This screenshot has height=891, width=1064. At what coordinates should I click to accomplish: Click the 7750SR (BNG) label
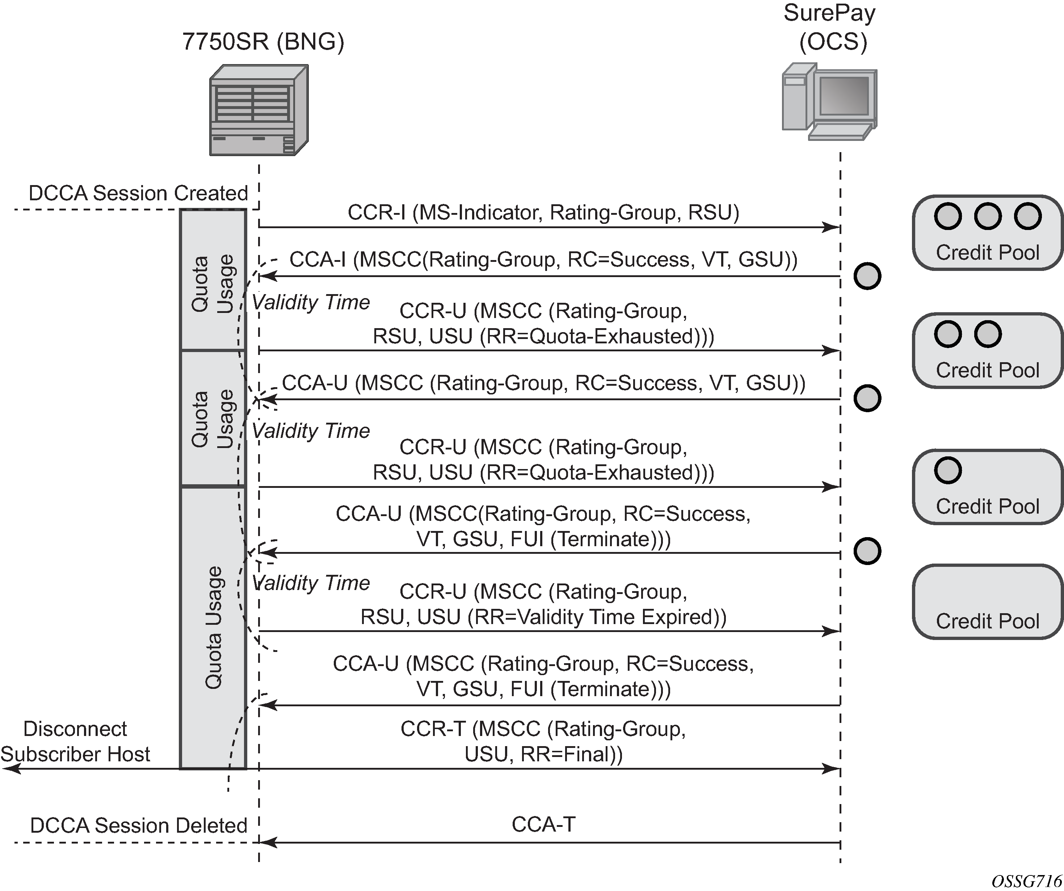click(263, 42)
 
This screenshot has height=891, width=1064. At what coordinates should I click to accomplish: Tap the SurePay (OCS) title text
click(829, 28)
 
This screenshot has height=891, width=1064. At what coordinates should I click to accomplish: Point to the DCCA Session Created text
click(138, 193)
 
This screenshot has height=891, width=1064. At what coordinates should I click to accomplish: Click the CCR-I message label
click(543, 212)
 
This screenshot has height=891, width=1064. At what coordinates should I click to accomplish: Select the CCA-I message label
click(543, 259)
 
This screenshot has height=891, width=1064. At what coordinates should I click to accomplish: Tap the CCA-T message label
click(543, 825)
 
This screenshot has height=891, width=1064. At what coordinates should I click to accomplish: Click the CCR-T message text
click(543, 741)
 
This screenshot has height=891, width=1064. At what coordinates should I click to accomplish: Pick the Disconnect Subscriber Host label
click(76, 741)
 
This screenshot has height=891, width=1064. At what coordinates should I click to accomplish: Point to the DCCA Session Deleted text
click(138, 825)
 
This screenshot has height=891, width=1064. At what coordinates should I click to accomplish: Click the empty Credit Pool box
click(987, 602)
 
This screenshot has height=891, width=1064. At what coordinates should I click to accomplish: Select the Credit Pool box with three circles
click(987, 233)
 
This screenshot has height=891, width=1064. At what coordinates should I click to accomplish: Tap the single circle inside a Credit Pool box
click(947, 470)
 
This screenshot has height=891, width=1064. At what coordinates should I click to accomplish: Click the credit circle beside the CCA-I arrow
click(867, 276)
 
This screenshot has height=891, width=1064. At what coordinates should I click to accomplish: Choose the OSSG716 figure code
click(1026, 881)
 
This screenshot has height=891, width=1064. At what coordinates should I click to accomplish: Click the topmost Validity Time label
click(311, 302)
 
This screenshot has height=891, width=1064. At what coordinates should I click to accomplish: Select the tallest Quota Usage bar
click(213, 627)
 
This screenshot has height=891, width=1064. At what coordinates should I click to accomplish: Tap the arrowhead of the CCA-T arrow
click(268, 843)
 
